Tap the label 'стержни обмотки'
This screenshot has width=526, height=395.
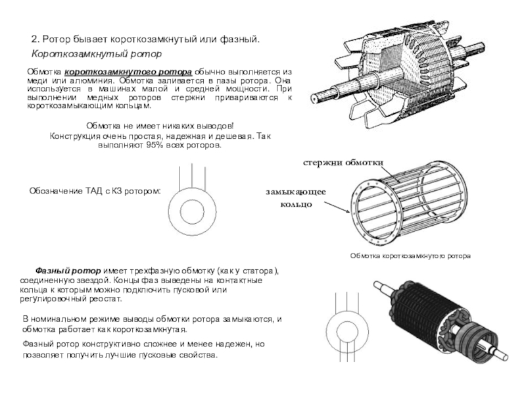[x=343, y=162]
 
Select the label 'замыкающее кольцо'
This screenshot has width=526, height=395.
[x=296, y=197]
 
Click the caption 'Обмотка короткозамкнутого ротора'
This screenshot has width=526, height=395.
[x=410, y=254]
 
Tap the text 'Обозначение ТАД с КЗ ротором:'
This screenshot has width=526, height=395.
[x=95, y=192]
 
